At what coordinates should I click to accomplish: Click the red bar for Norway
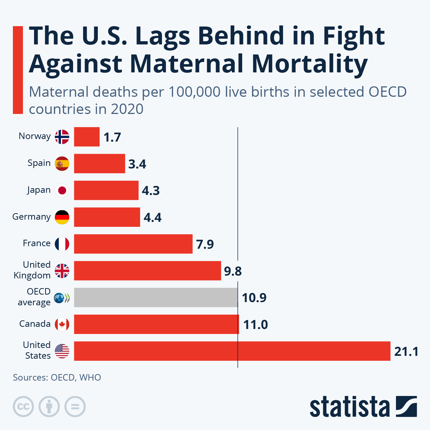pos(87,137)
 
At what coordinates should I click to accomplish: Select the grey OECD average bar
pos(156,297)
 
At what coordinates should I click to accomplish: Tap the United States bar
pos(232,351)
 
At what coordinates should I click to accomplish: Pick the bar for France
pos(133,244)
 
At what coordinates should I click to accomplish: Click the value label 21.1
pos(406,352)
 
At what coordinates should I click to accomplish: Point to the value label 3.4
pos(137,164)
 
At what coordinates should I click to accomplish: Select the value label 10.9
pos(254,298)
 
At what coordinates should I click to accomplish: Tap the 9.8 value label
pos(233,271)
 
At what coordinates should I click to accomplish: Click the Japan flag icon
pos(62,190)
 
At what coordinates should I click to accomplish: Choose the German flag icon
pos(62,217)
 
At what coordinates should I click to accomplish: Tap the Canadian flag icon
pos(62,324)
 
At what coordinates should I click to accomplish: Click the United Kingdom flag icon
pos(62,271)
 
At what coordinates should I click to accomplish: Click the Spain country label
pos(39,163)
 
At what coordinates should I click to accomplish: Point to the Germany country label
pos(32,217)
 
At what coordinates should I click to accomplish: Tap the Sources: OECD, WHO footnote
pos(57,377)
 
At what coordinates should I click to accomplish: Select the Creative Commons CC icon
pos(23,407)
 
